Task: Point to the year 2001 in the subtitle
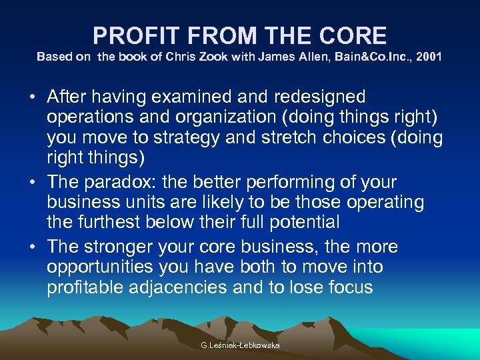pos(429,57)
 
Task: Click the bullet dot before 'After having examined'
pos(33,97)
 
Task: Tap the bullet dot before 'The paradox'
pos(33,183)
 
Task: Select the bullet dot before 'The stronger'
pos(33,247)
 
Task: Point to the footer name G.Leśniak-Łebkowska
pos(240,345)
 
